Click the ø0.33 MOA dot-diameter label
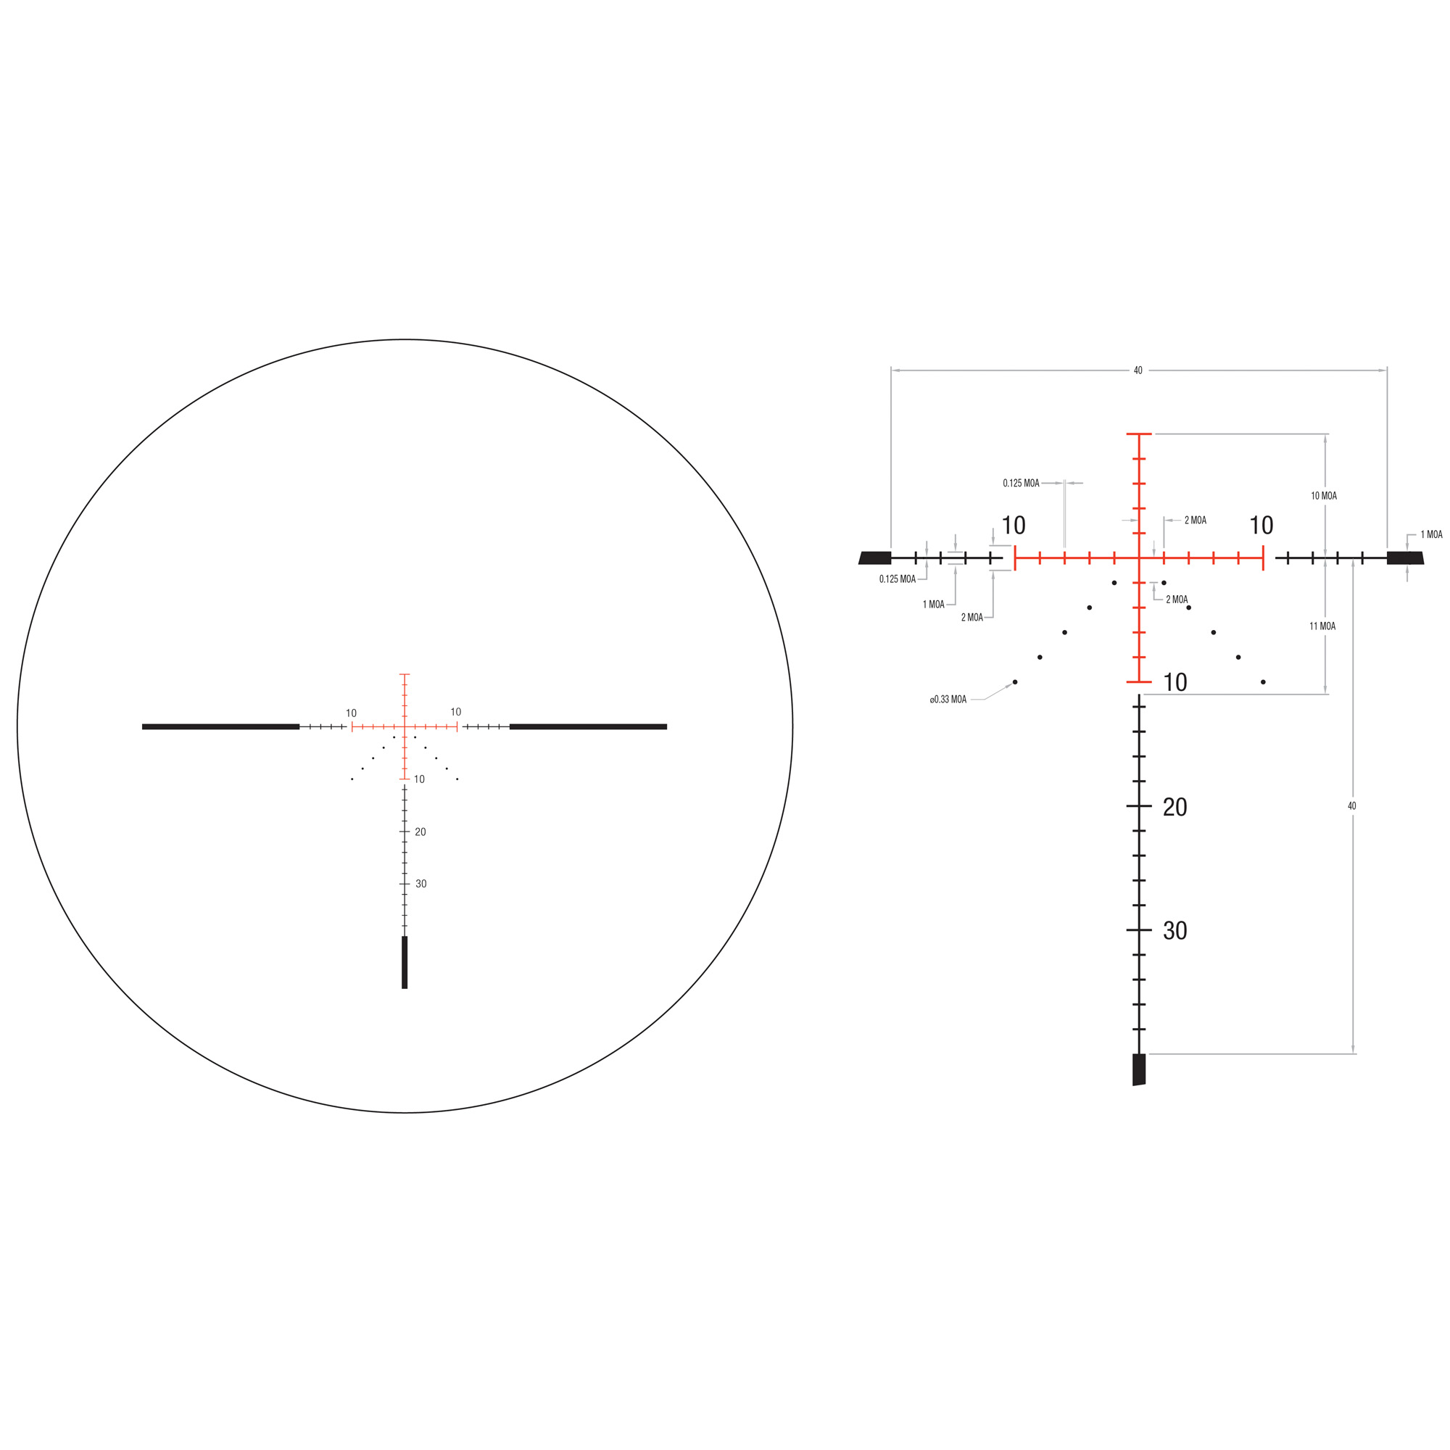pos(948,700)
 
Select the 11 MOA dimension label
pos(1322,626)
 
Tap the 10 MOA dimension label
pos(1323,496)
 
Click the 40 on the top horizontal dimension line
pos(1138,370)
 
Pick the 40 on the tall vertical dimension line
pos(1351,806)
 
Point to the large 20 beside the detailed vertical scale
pos(1174,808)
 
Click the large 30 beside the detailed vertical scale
pos(1174,932)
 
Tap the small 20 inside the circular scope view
pos(420,832)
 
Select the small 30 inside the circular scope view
pos(421,884)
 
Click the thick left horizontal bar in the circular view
pos(220,726)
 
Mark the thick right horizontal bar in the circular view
pos(588,726)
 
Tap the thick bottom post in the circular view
pos(405,962)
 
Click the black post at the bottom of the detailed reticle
pos(1138,1069)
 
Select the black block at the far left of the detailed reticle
pos(875,558)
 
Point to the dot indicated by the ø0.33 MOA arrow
pos(1015,682)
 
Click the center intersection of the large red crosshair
pos(1138,558)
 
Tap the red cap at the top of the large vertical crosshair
pos(1138,434)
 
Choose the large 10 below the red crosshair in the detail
pos(1174,682)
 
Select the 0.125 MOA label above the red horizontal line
pos(1021,484)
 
